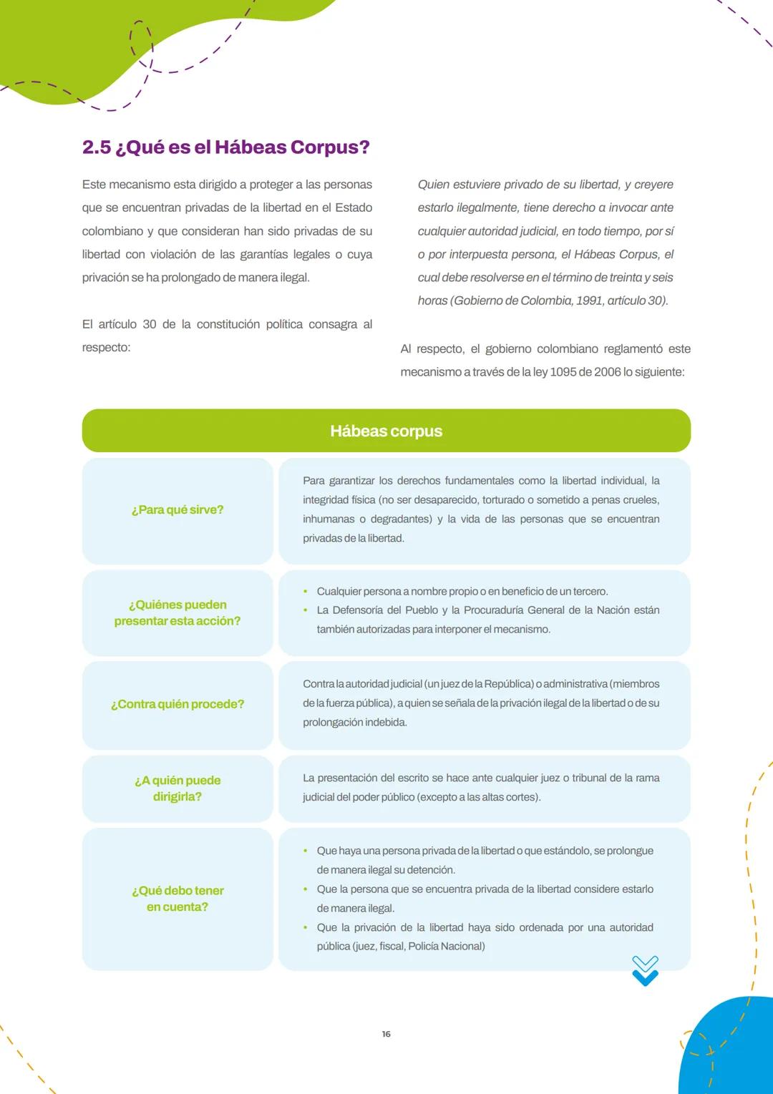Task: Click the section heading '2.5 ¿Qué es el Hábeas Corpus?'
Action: [x=225, y=147]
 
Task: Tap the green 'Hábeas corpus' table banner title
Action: [x=386, y=431]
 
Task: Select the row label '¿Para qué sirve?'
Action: [x=178, y=509]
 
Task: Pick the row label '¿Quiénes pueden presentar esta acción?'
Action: [x=178, y=612]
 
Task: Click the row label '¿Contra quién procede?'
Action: [x=178, y=704]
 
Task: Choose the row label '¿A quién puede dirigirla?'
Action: [x=178, y=788]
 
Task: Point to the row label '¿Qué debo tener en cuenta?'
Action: [x=178, y=898]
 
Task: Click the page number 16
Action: [x=386, y=1034]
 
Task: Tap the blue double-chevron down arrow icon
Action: [x=645, y=971]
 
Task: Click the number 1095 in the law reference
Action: [x=564, y=372]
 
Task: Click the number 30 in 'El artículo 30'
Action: [x=149, y=324]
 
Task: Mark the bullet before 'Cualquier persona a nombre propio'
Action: [x=306, y=592]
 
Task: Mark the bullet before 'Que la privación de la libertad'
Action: [x=306, y=927]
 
